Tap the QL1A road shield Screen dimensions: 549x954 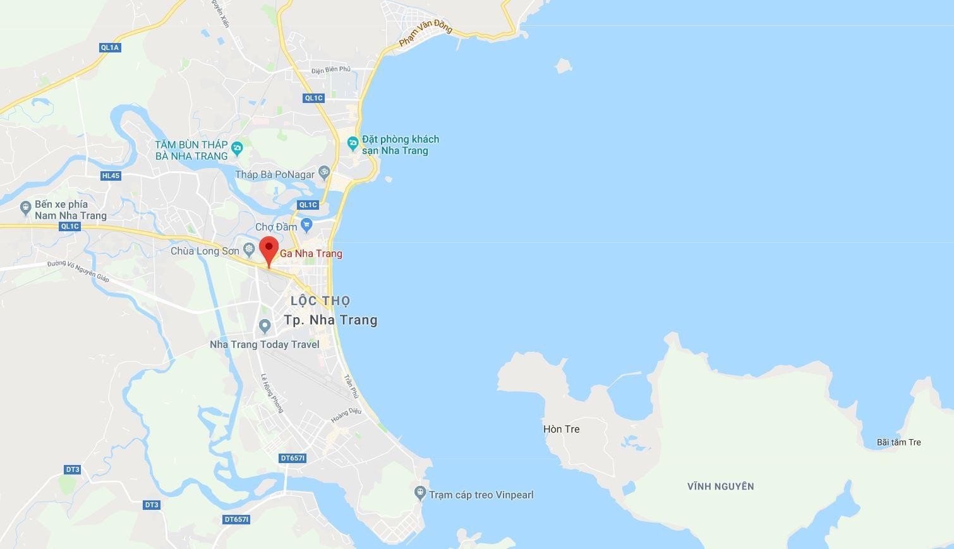(x=110, y=47)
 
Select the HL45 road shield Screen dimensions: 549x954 (x=111, y=176)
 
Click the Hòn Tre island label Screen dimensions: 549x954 (x=561, y=429)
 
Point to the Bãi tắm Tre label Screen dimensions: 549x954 (x=898, y=442)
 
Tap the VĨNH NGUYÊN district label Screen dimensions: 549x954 (x=720, y=486)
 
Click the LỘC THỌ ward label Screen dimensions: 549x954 (x=320, y=301)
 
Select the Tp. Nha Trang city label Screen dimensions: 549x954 (x=330, y=320)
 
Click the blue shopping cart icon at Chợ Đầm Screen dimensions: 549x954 (x=306, y=225)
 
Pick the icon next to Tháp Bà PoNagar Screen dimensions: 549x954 (x=323, y=172)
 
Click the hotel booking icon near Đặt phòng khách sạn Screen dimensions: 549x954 (x=353, y=143)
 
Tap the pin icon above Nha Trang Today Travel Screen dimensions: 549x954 (x=265, y=326)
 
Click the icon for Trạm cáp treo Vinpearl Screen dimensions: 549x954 (x=420, y=492)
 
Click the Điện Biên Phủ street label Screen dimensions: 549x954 (x=330, y=69)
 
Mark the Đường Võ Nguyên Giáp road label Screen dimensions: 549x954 (x=78, y=272)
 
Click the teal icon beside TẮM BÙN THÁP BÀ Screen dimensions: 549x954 (x=238, y=149)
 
